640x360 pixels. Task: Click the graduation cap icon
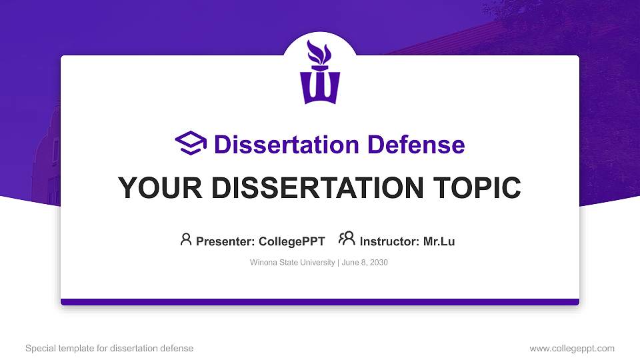[191, 144]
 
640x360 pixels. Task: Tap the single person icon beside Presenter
[186, 239]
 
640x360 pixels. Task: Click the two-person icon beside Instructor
[347, 239]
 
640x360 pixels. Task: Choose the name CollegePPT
[292, 241]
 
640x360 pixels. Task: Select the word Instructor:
[389, 241]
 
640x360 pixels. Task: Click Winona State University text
[292, 263]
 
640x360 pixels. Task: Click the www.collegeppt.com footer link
[571, 348]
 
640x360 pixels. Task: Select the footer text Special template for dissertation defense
[109, 348]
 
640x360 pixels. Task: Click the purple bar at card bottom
[320, 302]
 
